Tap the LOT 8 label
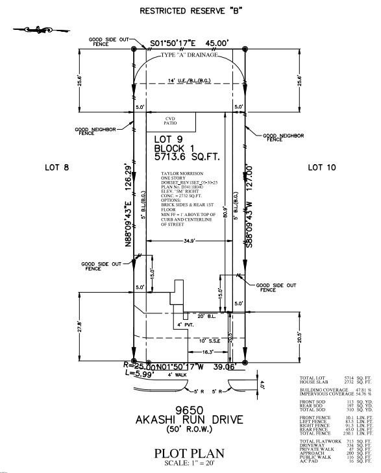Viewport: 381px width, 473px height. pos(56,167)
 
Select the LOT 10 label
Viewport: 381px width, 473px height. pos(322,167)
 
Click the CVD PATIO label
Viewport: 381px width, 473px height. pos(170,121)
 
